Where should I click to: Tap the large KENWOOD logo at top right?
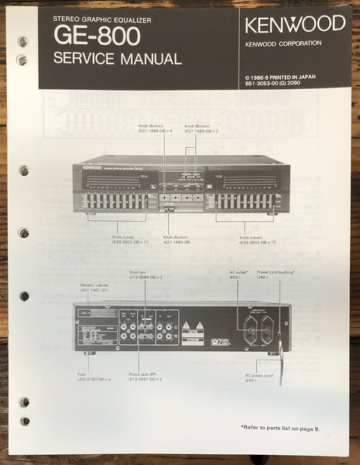(x=295, y=23)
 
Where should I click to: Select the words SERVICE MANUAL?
(x=118, y=59)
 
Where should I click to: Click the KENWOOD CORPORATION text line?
(x=283, y=43)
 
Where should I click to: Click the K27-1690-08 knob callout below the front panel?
(x=180, y=242)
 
